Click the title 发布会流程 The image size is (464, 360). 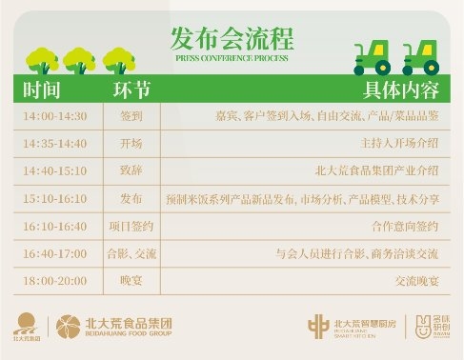(x=232, y=38)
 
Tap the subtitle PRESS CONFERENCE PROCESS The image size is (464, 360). (x=232, y=57)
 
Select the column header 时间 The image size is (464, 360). (x=42, y=91)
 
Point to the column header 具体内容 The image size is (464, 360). (x=401, y=91)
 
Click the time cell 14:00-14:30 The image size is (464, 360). (x=55, y=116)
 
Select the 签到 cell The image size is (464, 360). (x=131, y=116)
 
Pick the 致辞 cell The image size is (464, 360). (x=131, y=171)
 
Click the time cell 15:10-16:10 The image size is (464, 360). (x=55, y=199)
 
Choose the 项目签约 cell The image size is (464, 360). (x=131, y=227)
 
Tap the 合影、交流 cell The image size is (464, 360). (x=131, y=254)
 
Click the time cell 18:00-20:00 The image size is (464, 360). (x=55, y=282)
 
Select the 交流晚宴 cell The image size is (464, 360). (x=416, y=282)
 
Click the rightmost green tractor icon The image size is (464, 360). (x=421, y=56)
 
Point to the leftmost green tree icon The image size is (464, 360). (x=41, y=61)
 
